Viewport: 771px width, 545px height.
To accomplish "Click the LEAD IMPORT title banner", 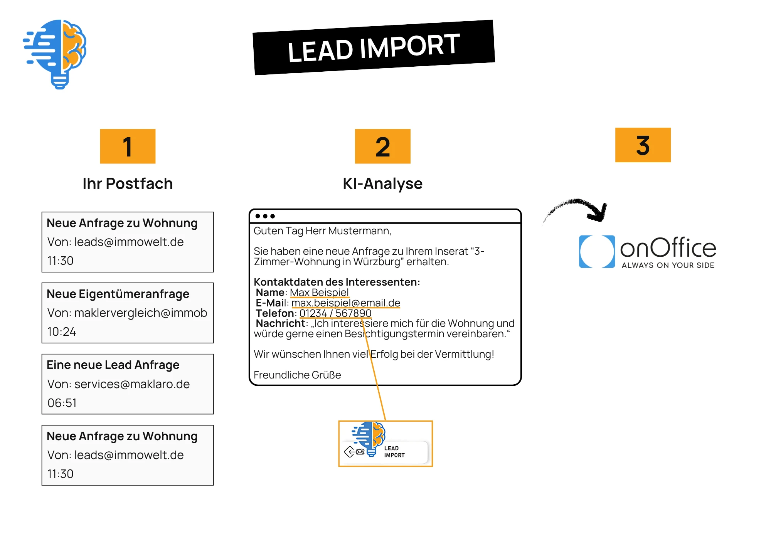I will click(x=374, y=47).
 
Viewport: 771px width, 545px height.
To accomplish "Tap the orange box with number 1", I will click(x=128, y=146).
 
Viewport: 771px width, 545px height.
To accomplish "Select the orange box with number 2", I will click(x=382, y=146).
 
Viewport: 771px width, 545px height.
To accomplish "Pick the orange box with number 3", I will click(x=643, y=145).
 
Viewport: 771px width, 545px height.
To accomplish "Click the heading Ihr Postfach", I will click(x=128, y=184).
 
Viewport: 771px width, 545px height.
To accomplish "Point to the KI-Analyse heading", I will click(x=382, y=184).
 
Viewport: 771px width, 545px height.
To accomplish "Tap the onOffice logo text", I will click(x=668, y=248).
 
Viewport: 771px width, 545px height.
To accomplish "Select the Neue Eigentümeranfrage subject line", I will click(x=118, y=294).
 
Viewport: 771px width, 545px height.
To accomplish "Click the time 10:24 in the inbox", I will click(x=62, y=331).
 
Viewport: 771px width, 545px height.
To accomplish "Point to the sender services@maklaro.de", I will click(x=132, y=384).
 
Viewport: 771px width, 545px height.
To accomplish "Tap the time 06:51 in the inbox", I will click(x=62, y=403).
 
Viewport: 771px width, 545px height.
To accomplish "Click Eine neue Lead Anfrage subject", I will click(x=113, y=365).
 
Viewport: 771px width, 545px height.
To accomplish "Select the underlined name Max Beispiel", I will click(x=319, y=293).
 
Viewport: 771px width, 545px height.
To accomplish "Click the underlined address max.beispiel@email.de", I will click(x=346, y=303).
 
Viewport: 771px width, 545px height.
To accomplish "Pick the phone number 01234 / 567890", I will click(x=335, y=313).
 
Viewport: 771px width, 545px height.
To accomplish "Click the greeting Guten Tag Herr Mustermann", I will click(x=322, y=231).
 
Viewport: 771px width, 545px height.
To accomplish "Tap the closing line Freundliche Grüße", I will click(x=297, y=375).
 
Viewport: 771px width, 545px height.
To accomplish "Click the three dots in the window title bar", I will click(x=265, y=216).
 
